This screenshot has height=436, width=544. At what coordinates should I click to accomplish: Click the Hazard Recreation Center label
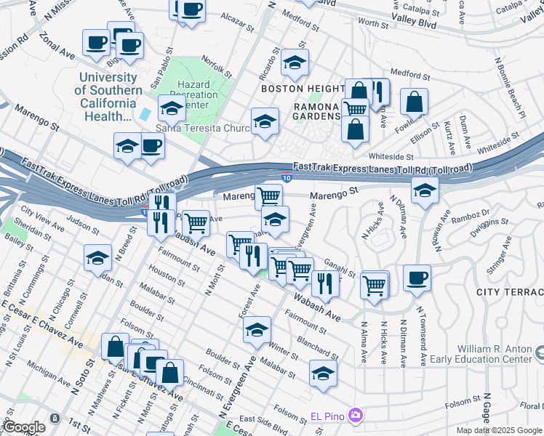198,94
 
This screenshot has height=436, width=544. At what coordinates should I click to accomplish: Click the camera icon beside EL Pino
356,416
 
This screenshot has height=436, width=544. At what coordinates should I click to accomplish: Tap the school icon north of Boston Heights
295,64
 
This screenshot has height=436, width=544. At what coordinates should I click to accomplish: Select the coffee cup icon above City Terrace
417,278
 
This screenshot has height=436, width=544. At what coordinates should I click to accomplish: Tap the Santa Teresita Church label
203,129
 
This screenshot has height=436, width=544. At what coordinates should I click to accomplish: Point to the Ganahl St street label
340,270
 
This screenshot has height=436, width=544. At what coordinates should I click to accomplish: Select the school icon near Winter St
257,330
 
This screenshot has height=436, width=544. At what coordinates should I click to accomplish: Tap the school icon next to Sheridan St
97,259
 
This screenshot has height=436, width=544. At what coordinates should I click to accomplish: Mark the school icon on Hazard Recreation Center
172,109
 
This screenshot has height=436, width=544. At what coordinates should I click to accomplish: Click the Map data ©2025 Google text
499,430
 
